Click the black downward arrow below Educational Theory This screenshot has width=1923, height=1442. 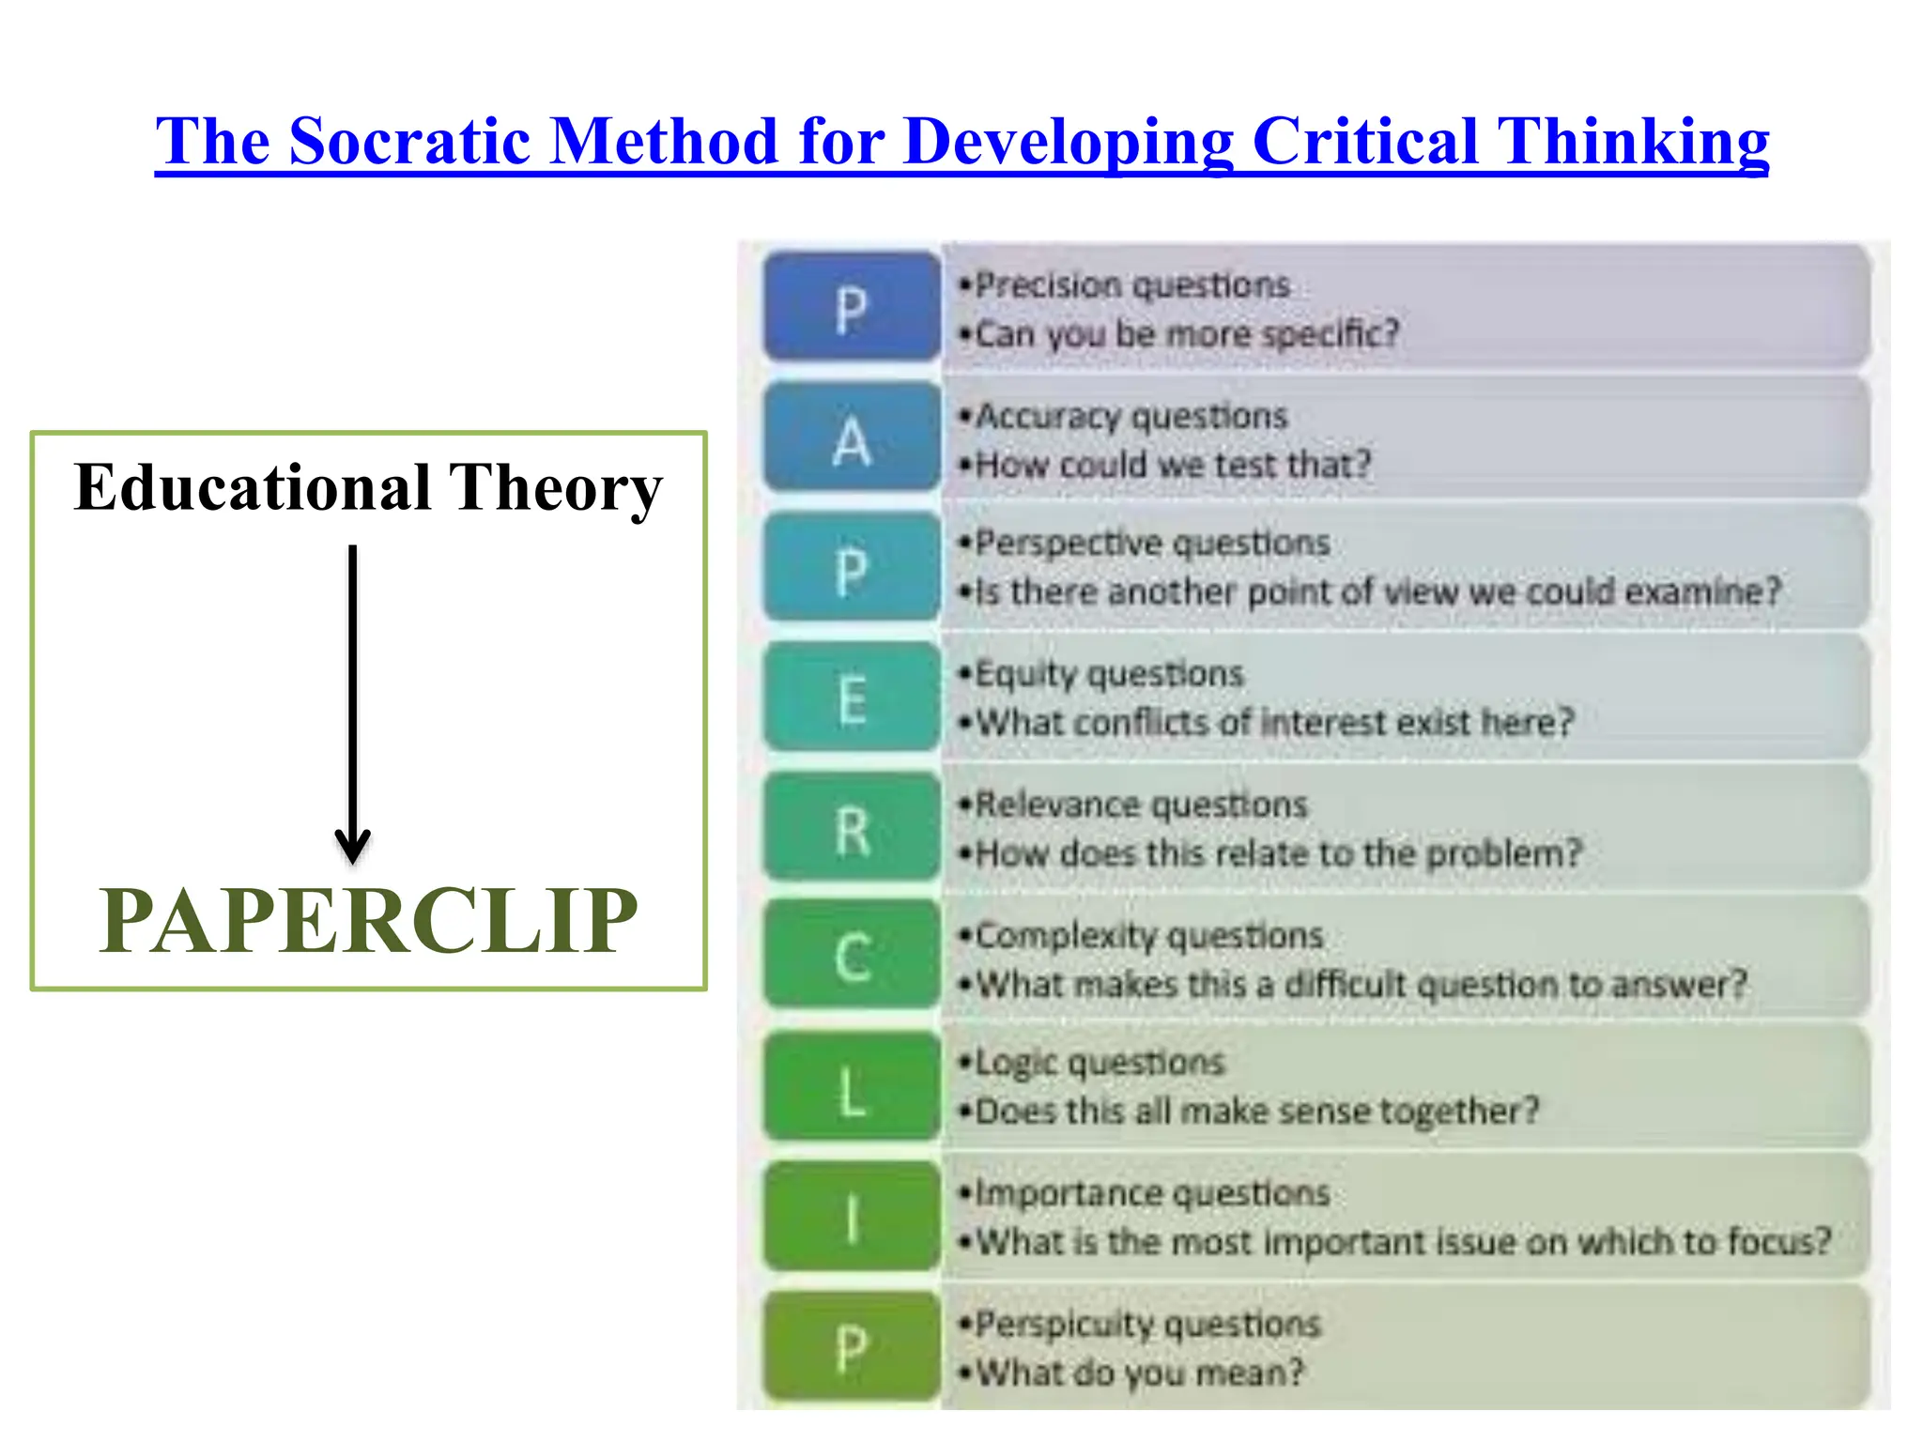[353, 704]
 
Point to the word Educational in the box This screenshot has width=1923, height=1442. [252, 488]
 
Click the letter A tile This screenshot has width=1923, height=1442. [852, 437]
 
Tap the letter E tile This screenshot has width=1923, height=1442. [852, 698]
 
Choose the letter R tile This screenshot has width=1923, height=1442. [852, 829]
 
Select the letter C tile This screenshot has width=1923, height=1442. [852, 958]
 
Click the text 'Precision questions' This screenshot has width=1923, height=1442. [1131, 284]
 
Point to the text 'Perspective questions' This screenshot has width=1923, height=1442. [1152, 543]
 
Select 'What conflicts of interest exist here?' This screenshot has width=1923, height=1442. [1274, 723]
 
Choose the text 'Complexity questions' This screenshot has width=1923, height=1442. [1148, 935]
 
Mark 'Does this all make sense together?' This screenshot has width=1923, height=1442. [1257, 1112]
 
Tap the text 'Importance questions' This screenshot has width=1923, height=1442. [1152, 1193]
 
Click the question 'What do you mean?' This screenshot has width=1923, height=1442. [1140, 1373]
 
